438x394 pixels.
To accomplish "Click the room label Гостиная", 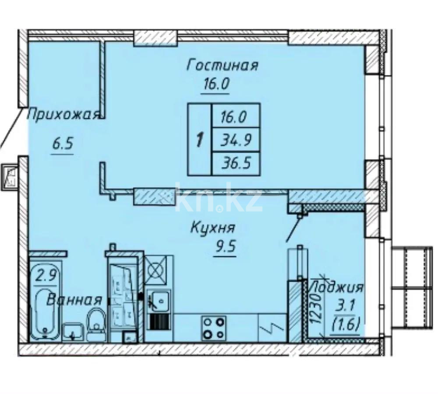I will [223, 66].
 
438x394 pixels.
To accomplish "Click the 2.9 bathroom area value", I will [46, 277].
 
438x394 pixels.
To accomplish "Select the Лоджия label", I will [336, 288].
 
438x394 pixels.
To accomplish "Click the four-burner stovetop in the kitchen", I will [213, 328].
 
